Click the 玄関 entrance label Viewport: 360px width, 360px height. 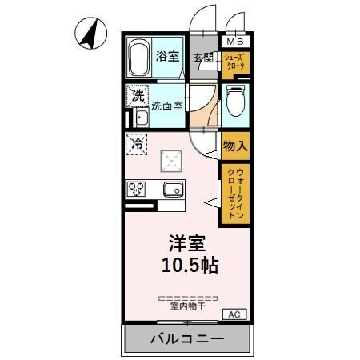click(x=203, y=58)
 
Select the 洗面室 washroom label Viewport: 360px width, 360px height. click(x=169, y=104)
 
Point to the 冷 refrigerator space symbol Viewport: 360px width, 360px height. click(x=137, y=145)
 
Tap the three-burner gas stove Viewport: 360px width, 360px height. click(x=136, y=190)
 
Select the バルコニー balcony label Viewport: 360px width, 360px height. click(x=187, y=339)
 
